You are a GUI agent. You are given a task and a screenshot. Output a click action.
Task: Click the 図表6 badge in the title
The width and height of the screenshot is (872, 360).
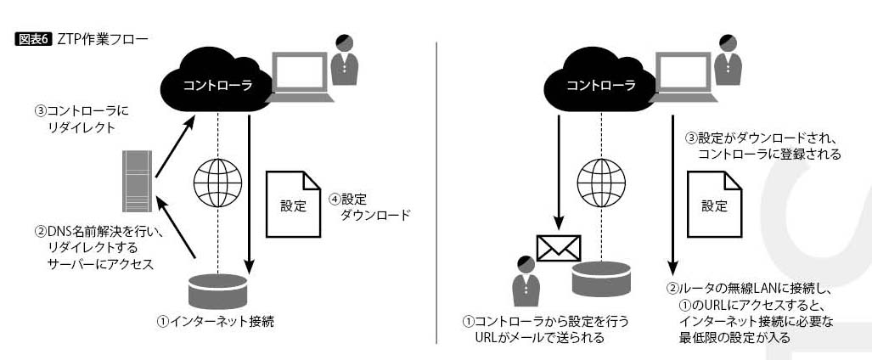(34, 39)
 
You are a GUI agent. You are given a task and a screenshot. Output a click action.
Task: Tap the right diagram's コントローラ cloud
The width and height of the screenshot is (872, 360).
(600, 83)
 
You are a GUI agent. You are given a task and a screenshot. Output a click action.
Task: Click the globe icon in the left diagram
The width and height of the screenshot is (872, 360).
(217, 181)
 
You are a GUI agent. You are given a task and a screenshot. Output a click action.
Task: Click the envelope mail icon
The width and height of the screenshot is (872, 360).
(558, 246)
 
